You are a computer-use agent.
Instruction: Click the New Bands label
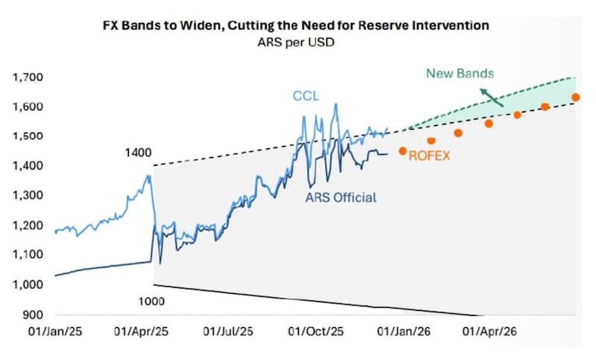coord(460,74)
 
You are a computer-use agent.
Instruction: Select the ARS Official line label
coord(340,198)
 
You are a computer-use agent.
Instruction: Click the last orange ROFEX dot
coord(575,98)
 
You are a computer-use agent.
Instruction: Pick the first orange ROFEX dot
coord(403,151)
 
